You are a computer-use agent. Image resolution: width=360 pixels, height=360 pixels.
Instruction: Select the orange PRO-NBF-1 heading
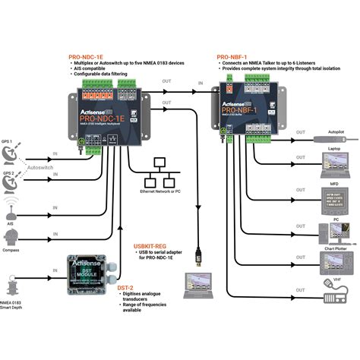click(x=235, y=56)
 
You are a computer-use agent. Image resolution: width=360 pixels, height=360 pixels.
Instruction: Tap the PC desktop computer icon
click(x=332, y=230)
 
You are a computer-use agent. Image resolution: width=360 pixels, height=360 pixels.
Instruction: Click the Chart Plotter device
click(x=332, y=262)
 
